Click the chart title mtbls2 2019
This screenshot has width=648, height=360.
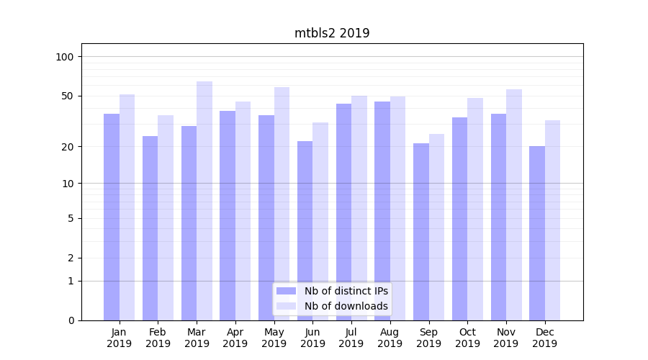point(332,33)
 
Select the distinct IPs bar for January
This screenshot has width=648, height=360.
point(112,216)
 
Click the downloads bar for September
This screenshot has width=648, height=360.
point(436,227)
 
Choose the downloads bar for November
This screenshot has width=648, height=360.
point(514,204)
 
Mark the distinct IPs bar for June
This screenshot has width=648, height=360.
point(305,230)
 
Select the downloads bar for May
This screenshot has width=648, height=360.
point(282,203)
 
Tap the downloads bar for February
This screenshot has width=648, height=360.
point(166,217)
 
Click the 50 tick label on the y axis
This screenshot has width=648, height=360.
point(68,96)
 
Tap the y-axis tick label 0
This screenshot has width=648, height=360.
point(71,320)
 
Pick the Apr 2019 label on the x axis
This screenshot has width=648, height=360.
point(235,338)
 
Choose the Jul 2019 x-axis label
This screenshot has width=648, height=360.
point(351,338)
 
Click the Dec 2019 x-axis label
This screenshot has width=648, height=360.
point(545,338)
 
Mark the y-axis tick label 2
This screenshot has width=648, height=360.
point(71,258)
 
